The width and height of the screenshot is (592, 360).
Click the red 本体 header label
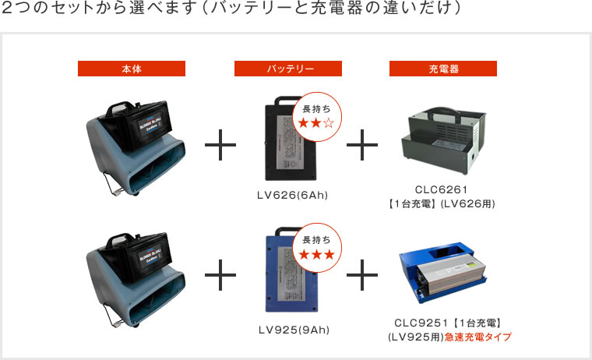[132, 69]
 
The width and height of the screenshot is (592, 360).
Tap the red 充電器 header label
[443, 69]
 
